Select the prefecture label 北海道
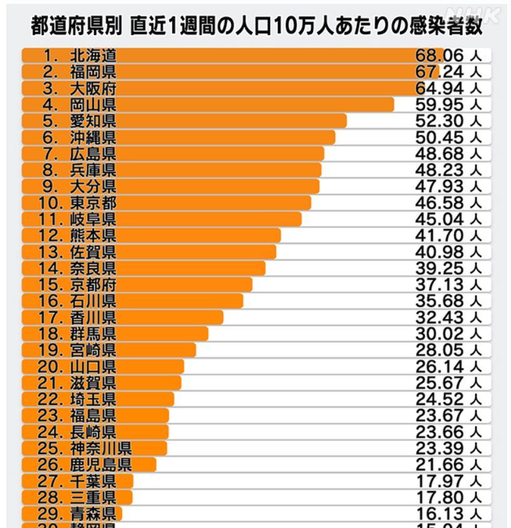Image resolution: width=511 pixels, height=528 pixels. coord(93,56)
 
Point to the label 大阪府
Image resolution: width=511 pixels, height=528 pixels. coord(93,88)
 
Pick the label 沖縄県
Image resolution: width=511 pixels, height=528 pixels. coord(93,137)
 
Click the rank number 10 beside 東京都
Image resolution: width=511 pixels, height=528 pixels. coord(51,203)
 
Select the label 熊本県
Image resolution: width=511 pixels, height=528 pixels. coord(93,235)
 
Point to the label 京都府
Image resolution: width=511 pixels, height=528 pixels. coord(93,284)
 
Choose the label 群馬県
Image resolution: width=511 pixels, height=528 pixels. coord(93,333)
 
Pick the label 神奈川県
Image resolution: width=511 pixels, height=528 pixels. coord(101,448)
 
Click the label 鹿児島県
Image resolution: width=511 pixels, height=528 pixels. coord(101,464)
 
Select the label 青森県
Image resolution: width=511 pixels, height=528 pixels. coord(93,514)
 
